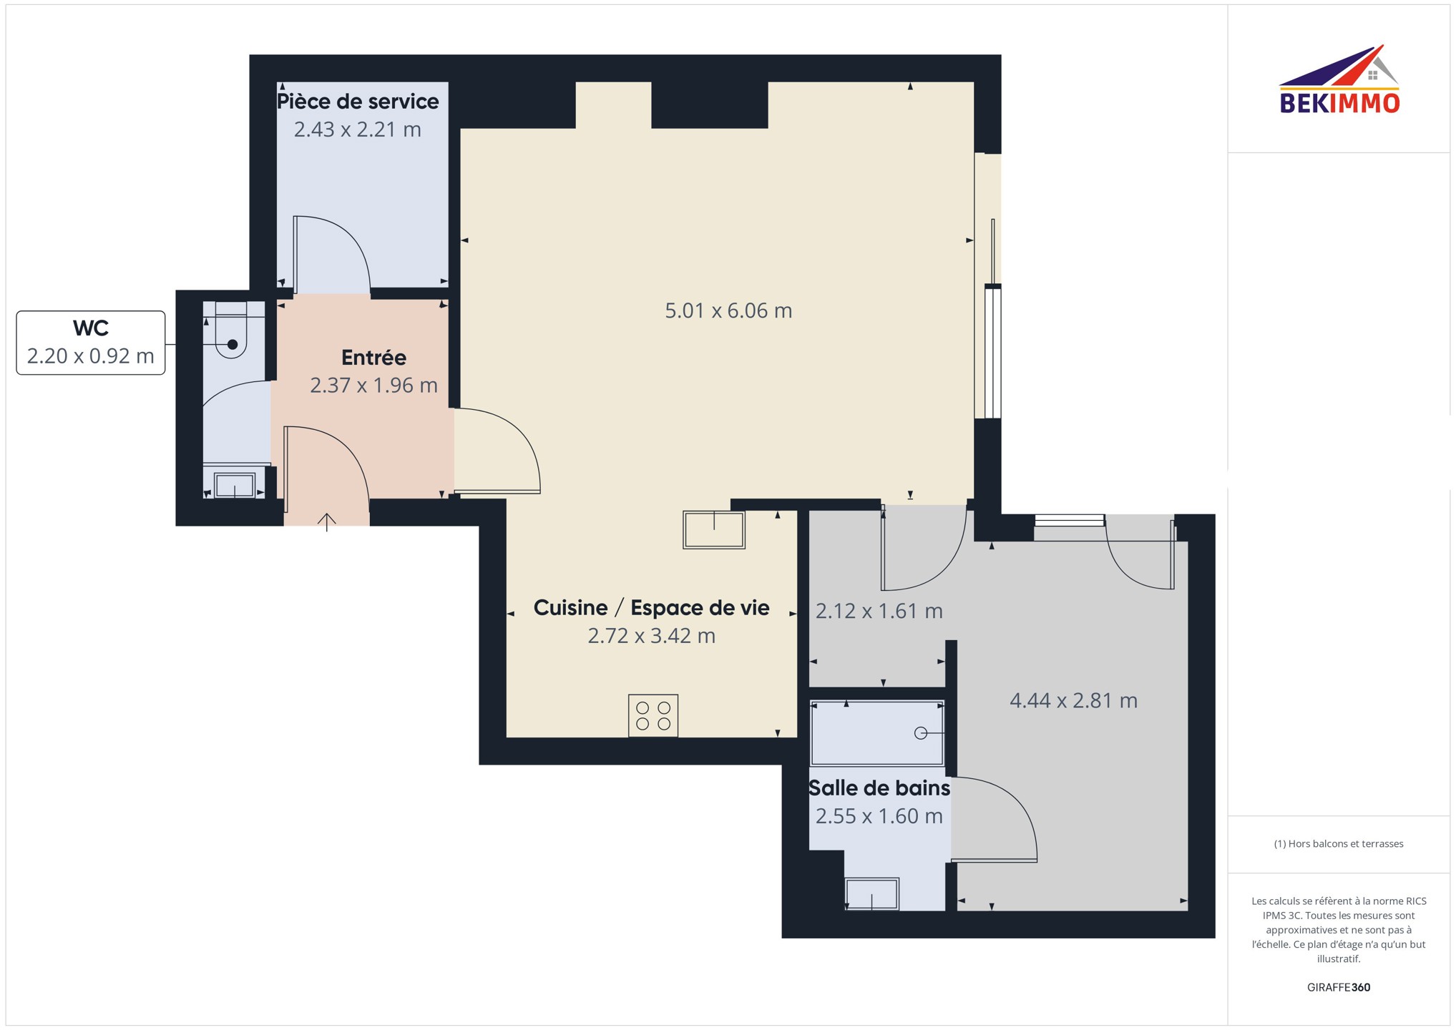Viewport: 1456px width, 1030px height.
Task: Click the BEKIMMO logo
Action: (x=1339, y=79)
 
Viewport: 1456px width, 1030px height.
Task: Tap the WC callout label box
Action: (x=91, y=343)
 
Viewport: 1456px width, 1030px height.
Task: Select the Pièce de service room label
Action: (x=358, y=102)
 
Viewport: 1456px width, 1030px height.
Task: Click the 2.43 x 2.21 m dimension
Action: (x=358, y=129)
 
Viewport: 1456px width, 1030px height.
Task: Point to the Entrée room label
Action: (x=373, y=357)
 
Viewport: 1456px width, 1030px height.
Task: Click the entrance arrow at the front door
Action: (x=327, y=522)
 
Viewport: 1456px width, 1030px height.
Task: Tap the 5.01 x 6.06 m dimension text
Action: (x=728, y=310)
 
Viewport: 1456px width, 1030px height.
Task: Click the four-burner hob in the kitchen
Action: (x=653, y=715)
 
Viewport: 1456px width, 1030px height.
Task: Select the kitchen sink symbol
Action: (x=714, y=529)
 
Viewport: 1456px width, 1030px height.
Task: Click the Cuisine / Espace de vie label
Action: (x=651, y=608)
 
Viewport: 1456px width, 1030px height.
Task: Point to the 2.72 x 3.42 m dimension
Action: (x=651, y=636)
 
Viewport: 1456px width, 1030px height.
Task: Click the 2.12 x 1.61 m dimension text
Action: (x=879, y=611)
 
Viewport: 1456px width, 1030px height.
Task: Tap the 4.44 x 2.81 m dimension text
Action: (x=1073, y=700)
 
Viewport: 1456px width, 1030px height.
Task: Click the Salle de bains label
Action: (x=879, y=788)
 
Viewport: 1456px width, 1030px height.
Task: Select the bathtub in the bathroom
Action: (x=877, y=733)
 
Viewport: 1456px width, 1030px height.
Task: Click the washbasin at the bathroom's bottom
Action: (x=872, y=894)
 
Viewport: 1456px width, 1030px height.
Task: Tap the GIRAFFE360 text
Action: (x=1339, y=988)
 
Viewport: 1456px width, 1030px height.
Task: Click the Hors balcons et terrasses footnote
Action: (x=1339, y=844)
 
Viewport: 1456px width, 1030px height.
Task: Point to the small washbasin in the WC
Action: (x=235, y=486)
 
